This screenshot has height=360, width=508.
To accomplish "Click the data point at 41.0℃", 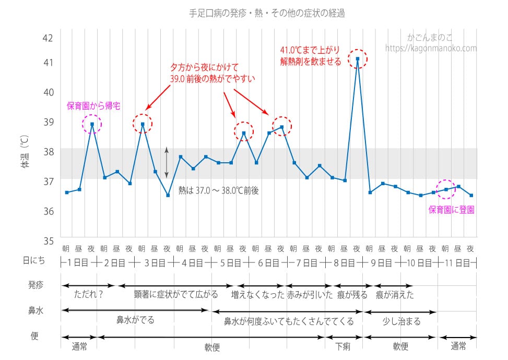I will [357, 59].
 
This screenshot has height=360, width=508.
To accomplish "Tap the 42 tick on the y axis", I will [48, 38].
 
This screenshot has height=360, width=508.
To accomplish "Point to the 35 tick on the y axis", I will [48, 241].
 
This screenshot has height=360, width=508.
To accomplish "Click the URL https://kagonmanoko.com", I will [431, 48].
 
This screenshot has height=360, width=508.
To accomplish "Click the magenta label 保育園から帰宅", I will [93, 106].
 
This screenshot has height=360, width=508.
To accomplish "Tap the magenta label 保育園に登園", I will [452, 210].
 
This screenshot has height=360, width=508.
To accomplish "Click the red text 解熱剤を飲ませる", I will [311, 62].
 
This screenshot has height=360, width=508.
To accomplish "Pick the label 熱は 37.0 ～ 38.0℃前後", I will [218, 191].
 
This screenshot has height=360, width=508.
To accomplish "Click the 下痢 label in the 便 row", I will [343, 346].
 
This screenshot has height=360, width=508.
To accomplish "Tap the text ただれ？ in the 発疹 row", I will [89, 294].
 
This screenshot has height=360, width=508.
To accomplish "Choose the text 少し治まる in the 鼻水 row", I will [401, 321].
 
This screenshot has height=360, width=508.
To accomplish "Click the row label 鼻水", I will [36, 311].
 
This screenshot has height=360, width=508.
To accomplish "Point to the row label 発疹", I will [36, 285].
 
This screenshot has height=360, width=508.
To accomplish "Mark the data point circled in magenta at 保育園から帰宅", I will [92, 124].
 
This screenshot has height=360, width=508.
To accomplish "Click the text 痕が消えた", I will [394, 295].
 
